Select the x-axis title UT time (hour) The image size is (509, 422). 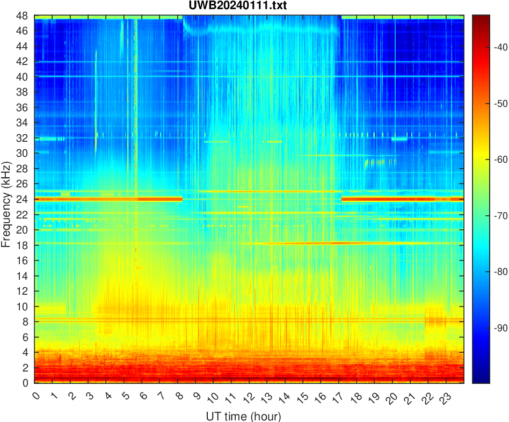coord(243,416)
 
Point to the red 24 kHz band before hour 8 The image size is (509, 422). coord(107,199)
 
